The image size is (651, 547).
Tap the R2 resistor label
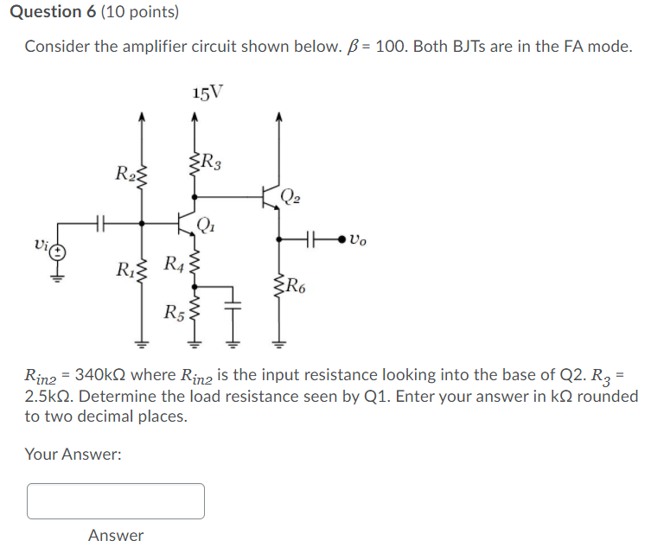tap(123, 172)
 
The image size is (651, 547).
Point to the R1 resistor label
tap(124, 267)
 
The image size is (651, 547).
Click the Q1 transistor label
tap(206, 227)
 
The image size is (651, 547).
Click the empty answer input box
tap(116, 501)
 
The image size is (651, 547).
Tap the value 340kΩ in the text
tap(105, 376)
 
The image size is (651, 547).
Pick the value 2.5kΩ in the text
tap(51, 397)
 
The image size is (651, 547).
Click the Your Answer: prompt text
tap(73, 453)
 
